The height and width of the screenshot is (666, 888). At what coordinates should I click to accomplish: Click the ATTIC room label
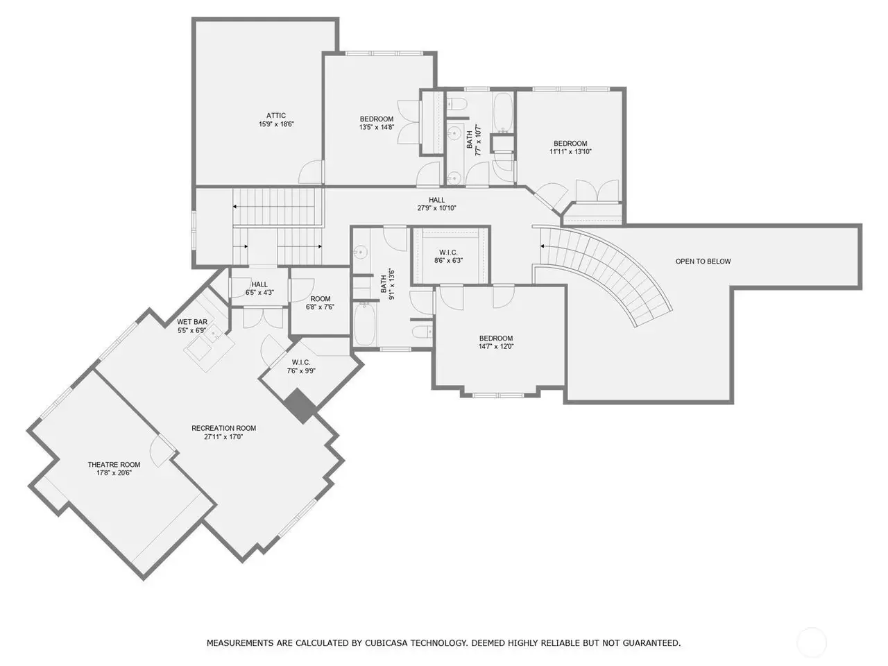(x=276, y=116)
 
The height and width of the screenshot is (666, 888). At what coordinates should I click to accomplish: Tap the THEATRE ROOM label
(x=114, y=465)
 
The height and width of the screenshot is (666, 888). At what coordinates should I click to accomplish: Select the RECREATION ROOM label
(x=223, y=428)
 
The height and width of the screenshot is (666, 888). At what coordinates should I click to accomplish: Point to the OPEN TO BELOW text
(x=703, y=262)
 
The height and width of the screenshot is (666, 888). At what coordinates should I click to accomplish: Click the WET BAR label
(x=192, y=322)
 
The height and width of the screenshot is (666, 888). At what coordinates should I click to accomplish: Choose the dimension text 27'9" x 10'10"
(x=436, y=208)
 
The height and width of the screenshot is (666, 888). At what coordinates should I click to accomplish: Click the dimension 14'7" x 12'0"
(x=496, y=346)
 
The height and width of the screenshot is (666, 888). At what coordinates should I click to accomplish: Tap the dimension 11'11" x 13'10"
(x=570, y=152)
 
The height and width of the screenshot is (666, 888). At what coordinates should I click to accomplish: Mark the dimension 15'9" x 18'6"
(x=276, y=124)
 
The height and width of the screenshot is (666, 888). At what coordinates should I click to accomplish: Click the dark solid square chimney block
(x=300, y=406)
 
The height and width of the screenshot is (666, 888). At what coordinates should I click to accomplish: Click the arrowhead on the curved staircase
(x=542, y=246)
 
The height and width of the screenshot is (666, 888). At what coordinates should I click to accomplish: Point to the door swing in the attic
(x=311, y=172)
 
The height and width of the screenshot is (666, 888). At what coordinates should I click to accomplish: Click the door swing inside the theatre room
(x=162, y=450)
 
